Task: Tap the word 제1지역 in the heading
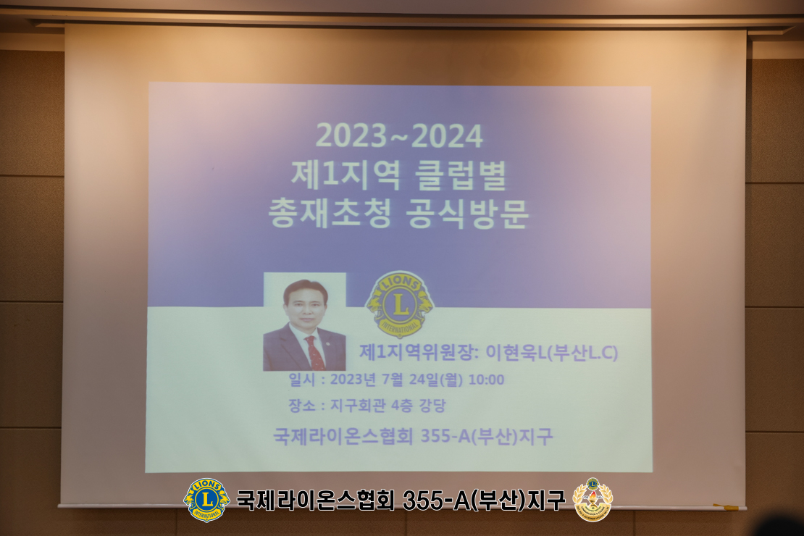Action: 346,175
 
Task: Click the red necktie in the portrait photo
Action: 315,353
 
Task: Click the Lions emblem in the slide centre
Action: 400,303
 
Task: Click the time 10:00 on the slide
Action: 486,380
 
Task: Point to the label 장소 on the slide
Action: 302,406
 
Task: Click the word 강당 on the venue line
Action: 432,406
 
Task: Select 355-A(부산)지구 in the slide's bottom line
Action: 487,437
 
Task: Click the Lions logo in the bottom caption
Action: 206,500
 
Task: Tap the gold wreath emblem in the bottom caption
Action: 592,500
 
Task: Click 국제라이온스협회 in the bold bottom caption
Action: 315,500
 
